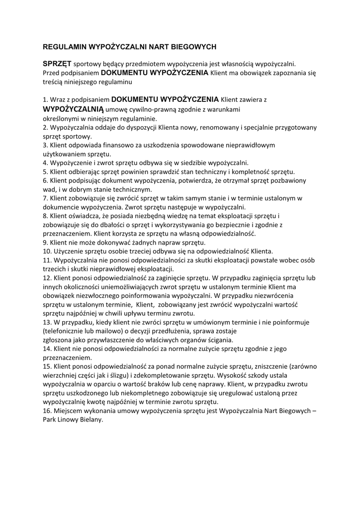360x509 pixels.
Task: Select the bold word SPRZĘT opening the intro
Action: tap(57, 64)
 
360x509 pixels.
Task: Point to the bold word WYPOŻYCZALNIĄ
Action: tap(73, 109)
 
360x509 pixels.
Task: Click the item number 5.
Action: tap(45, 171)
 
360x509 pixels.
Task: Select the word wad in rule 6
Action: tap(49, 189)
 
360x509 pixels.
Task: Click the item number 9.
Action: tap(45, 243)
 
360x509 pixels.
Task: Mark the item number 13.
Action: tap(47, 322)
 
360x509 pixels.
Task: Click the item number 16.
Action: tap(47, 411)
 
